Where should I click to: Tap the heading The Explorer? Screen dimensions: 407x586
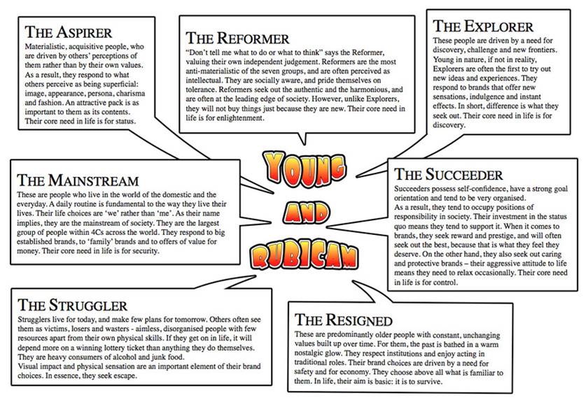point(482,27)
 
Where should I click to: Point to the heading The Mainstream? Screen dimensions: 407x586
point(78,181)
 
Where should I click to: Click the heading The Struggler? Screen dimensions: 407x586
point(73,305)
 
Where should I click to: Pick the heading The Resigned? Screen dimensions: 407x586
point(343,321)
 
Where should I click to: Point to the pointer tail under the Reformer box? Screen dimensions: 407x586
point(303,137)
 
